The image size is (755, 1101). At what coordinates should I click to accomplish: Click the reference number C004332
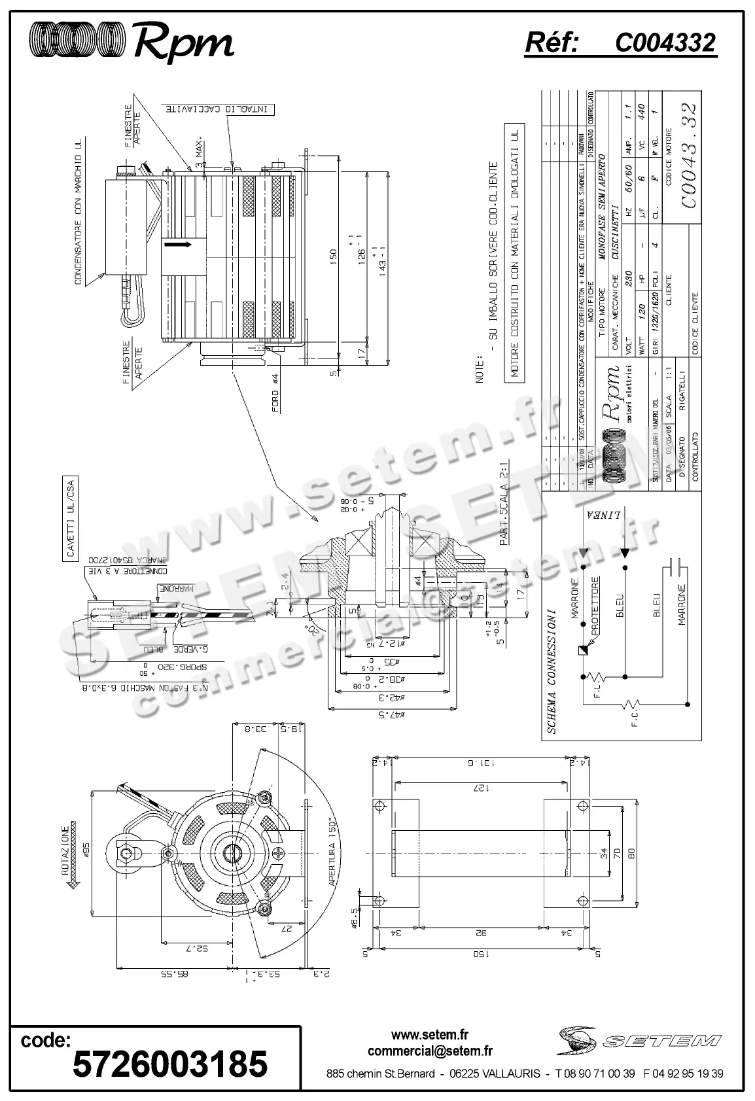tap(665, 43)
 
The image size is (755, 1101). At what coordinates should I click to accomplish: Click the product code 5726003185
tap(170, 1063)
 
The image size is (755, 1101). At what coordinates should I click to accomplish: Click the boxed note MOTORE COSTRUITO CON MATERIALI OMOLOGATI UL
tap(515, 252)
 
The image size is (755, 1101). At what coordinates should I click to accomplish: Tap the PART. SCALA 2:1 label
tap(504, 502)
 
